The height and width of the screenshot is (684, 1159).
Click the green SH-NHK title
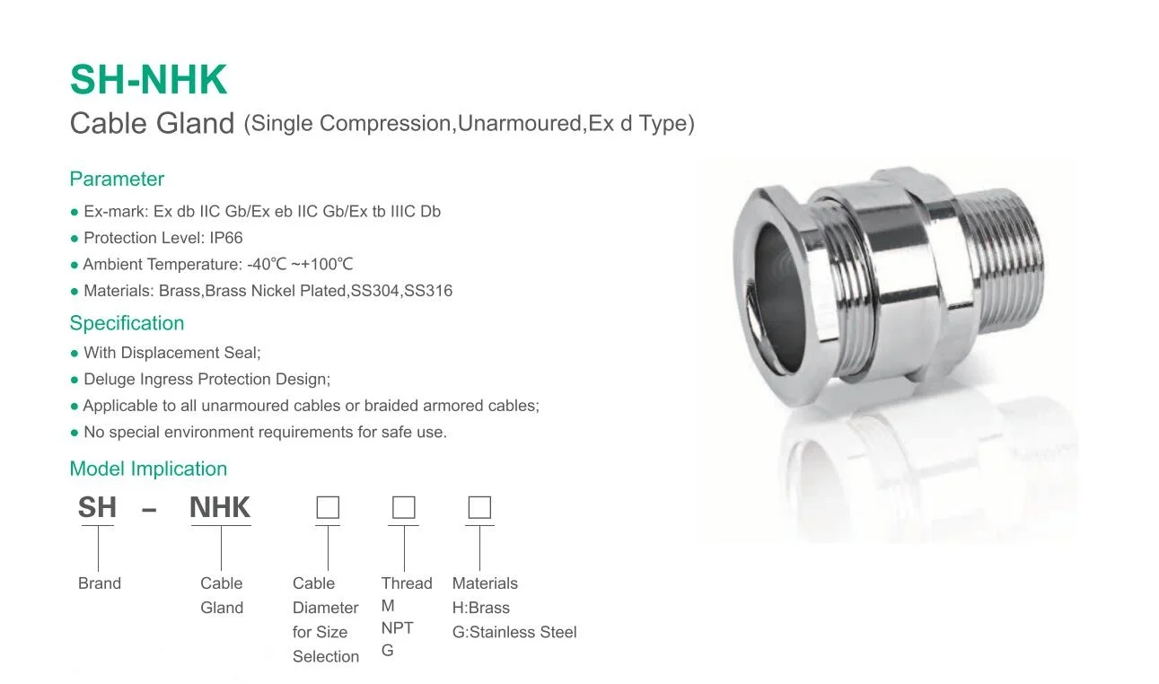148,80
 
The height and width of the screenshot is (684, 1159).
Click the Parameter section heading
117,179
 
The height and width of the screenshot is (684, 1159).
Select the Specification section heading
127,323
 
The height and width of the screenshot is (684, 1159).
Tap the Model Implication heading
148,469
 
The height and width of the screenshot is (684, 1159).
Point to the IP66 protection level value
225,238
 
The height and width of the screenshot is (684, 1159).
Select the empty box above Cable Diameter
328,508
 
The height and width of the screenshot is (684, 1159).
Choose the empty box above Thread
404,508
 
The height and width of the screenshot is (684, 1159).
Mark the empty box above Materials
479,508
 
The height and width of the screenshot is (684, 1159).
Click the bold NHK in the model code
220,508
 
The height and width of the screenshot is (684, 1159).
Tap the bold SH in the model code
97,508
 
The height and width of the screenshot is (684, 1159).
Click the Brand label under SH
99,583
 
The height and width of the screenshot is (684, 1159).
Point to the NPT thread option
397,628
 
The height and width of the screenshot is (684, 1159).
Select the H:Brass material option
481,608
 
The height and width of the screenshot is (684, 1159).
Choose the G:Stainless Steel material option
514,632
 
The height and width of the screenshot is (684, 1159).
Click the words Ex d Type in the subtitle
640,124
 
